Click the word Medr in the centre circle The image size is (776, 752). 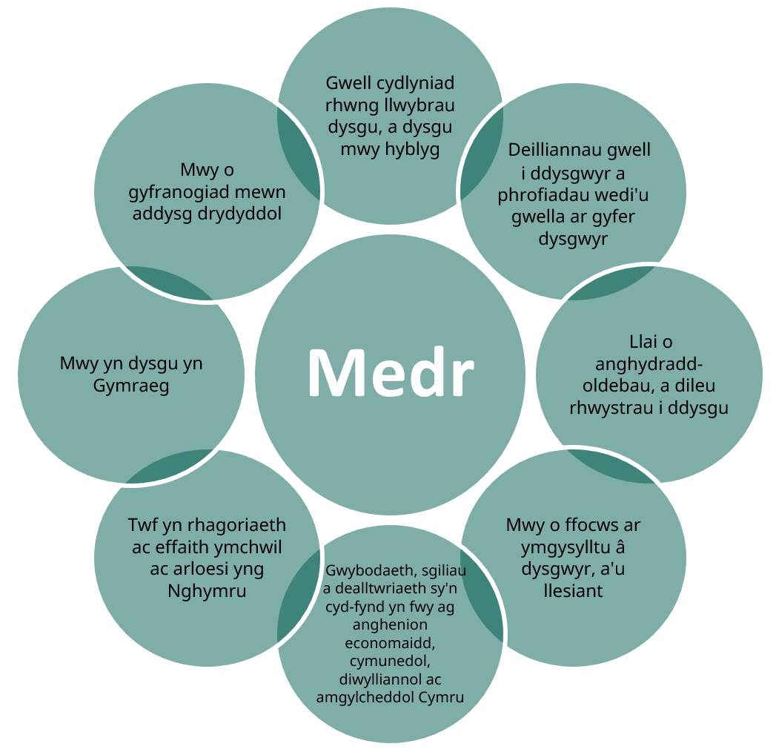click(x=390, y=372)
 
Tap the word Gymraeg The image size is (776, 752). click(x=131, y=386)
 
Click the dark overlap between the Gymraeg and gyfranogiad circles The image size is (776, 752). click(x=170, y=283)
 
